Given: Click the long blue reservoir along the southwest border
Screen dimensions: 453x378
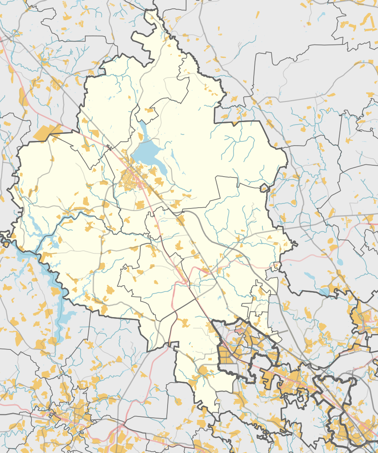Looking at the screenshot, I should [52, 285].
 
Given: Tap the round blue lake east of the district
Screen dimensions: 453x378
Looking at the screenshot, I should [339, 262].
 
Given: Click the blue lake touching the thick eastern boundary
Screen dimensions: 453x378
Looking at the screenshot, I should [324, 292].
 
